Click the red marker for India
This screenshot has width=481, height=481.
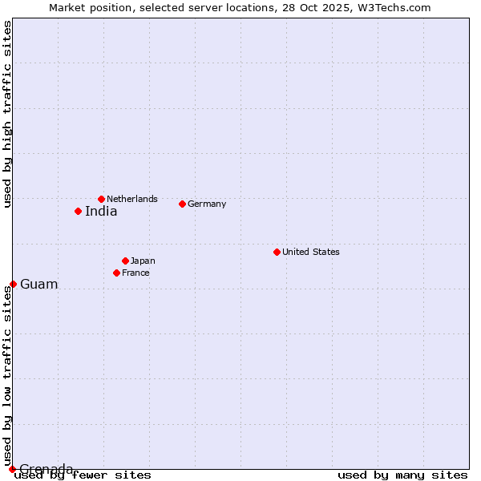[78, 211]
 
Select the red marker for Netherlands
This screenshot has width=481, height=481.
[101, 199]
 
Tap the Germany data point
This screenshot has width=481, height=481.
[182, 204]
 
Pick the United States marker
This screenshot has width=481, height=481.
[277, 252]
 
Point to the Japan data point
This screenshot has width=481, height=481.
[125, 261]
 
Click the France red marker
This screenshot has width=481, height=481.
[116, 273]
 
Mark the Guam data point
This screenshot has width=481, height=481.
[13, 284]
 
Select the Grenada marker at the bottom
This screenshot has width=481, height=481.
[12, 469]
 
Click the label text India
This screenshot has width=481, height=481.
[101, 212]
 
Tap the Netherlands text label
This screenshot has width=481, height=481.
[132, 199]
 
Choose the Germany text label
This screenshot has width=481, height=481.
[207, 204]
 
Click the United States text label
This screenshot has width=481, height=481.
[311, 252]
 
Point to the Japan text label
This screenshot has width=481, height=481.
[143, 261]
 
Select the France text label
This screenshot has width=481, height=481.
[135, 273]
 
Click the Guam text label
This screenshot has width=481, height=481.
[39, 285]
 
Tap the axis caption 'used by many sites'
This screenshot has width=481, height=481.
[402, 475]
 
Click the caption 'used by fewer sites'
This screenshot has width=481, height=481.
[83, 475]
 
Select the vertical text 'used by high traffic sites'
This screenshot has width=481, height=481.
[7, 115]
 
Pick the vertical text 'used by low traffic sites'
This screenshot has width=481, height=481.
[7, 375]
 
